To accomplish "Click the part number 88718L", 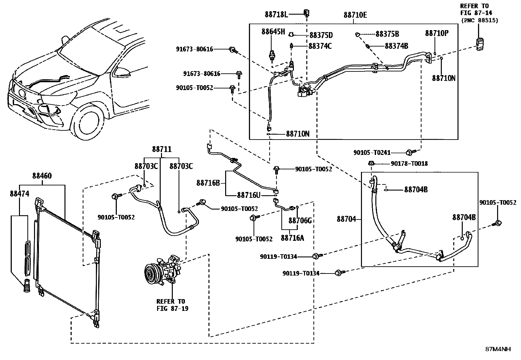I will pyautogui.click(x=276, y=14).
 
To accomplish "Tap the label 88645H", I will pyautogui.click(x=273, y=32).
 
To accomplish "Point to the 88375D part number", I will pyautogui.click(x=321, y=35).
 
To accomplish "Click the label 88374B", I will pyautogui.click(x=396, y=46).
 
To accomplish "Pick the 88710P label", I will pyautogui.click(x=437, y=33).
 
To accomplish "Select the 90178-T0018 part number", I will pyautogui.click(x=409, y=163).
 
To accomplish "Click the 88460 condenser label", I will pyautogui.click(x=42, y=176).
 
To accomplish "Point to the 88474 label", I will pyautogui.click(x=19, y=194).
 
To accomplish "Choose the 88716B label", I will pyautogui.click(x=208, y=183).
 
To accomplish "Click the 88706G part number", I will pyautogui.click(x=300, y=220).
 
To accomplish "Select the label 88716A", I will pyautogui.click(x=292, y=238).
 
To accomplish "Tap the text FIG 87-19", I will pyautogui.click(x=172, y=309).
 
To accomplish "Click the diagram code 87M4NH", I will pyautogui.click(x=497, y=349).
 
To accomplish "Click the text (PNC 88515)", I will pyautogui.click(x=479, y=20).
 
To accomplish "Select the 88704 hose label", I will pyautogui.click(x=346, y=219).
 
